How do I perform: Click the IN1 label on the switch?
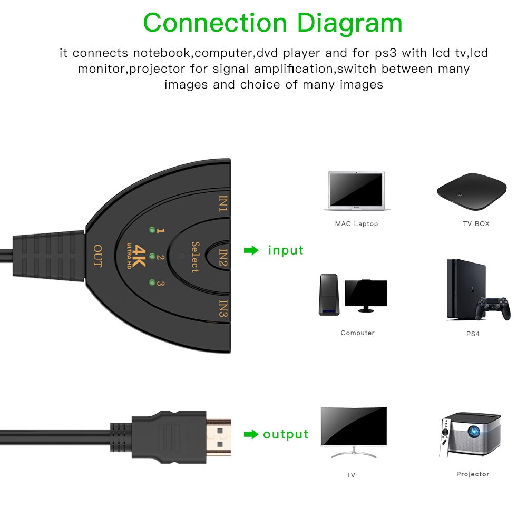(x=224, y=203)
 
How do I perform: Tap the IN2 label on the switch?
(x=224, y=257)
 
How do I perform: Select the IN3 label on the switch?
(x=224, y=309)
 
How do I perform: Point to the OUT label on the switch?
(x=97, y=256)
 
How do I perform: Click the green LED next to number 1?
(x=152, y=230)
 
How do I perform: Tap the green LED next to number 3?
(x=152, y=282)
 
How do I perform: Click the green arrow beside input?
(x=251, y=251)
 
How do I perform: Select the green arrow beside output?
(x=251, y=434)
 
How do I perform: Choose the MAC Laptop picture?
(x=356, y=190)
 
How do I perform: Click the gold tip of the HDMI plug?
(x=218, y=437)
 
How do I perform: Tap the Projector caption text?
(x=472, y=474)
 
